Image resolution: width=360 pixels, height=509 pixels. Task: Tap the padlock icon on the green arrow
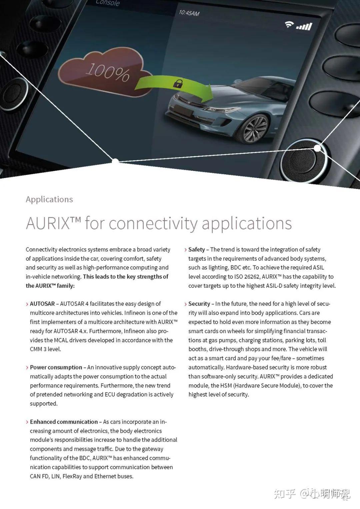tap(178, 83)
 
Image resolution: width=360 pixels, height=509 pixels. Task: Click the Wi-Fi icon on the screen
tap(289, 24)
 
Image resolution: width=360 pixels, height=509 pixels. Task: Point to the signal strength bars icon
tap(304, 26)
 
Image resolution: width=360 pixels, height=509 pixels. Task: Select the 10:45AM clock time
tap(189, 13)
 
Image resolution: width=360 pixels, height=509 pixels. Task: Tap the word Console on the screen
tap(108, 3)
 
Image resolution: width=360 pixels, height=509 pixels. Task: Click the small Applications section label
tap(49, 199)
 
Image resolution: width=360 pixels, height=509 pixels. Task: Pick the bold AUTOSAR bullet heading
tap(42, 304)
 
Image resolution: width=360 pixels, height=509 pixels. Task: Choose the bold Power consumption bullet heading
tap(56, 367)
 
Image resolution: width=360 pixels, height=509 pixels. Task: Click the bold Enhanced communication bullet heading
tap(64, 422)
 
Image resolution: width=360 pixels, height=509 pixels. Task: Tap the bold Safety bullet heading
tap(197, 249)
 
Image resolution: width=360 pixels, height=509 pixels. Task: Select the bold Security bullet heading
tap(199, 304)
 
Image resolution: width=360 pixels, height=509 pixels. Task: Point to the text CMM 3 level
tap(45, 349)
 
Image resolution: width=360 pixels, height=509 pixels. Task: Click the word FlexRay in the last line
tap(72, 476)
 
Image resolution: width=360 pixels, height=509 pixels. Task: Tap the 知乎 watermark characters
tap(285, 494)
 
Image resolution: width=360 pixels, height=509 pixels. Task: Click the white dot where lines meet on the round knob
tap(317, 148)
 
